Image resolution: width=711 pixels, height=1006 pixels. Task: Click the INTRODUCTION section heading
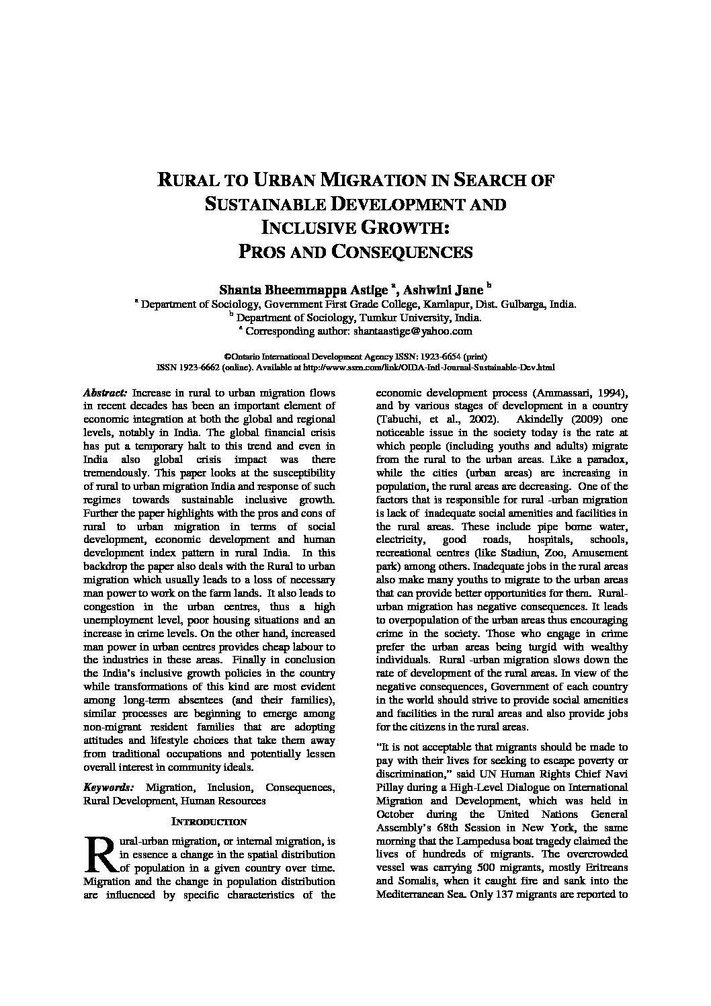210,822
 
